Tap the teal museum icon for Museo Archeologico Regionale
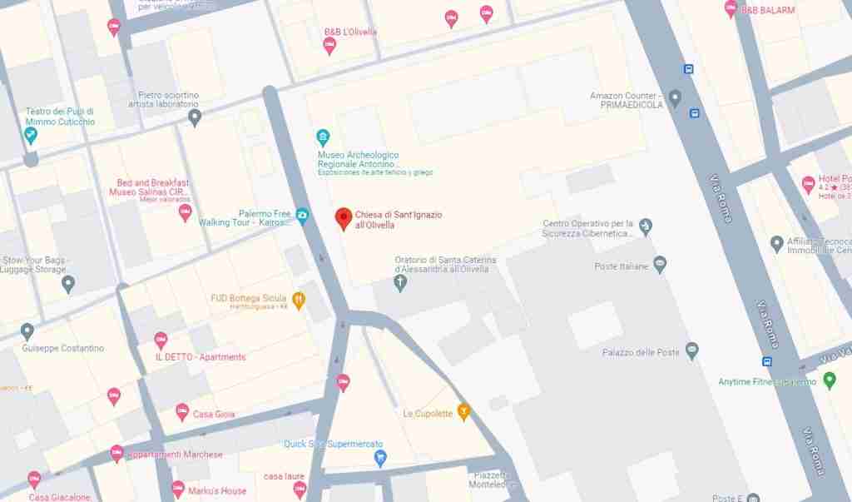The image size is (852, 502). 323,137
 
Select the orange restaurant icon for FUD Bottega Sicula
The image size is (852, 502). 299,300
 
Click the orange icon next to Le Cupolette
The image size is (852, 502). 464,411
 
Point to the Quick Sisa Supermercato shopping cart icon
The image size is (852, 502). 380,457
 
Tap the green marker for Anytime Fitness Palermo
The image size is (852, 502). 829,380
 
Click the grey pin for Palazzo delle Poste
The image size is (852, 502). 691,350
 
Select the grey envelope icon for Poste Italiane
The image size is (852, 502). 660,265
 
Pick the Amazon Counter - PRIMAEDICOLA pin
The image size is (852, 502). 675,98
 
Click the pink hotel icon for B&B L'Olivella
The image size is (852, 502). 329,45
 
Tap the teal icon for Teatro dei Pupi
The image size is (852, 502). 31,136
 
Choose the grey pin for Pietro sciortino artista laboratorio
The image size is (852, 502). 195,117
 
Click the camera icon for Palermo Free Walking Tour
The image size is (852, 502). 302,216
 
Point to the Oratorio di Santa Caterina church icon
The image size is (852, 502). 401,283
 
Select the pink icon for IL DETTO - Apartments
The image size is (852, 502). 161,340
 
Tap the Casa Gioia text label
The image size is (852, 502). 214,414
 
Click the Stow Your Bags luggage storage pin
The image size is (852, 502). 68,285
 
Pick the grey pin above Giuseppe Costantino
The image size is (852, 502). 27,332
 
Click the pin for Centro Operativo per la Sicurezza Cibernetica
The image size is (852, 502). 646,226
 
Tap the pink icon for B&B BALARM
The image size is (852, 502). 731,9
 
